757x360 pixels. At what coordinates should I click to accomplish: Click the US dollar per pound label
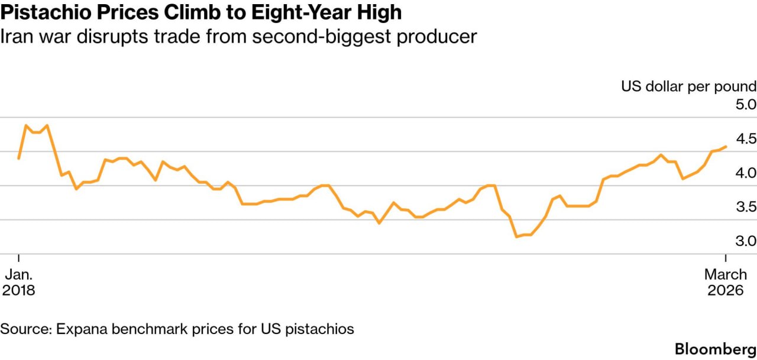pos(688,86)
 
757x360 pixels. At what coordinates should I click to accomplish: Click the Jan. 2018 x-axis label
pos(19,283)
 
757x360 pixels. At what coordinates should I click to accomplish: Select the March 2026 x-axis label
pos(725,283)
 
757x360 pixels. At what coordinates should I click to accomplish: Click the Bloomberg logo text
pos(716,348)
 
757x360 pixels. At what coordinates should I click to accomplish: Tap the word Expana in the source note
pos(79,329)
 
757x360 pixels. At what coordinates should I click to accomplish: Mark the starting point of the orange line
pos(19,158)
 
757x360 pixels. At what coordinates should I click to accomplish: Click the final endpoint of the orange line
pos(726,147)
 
